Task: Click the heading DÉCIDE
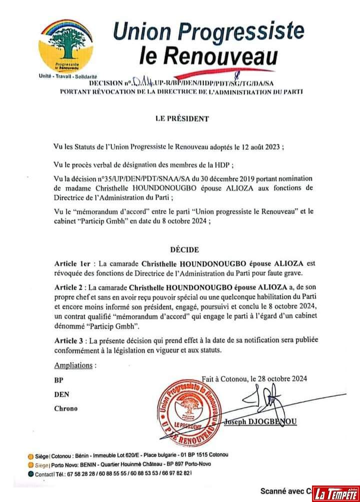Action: pyautogui.click(x=183, y=249)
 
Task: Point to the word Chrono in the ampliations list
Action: pyautogui.click(x=66, y=408)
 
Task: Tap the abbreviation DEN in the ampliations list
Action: pyautogui.click(x=61, y=394)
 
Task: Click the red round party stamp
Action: pyautogui.click(x=188, y=411)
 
